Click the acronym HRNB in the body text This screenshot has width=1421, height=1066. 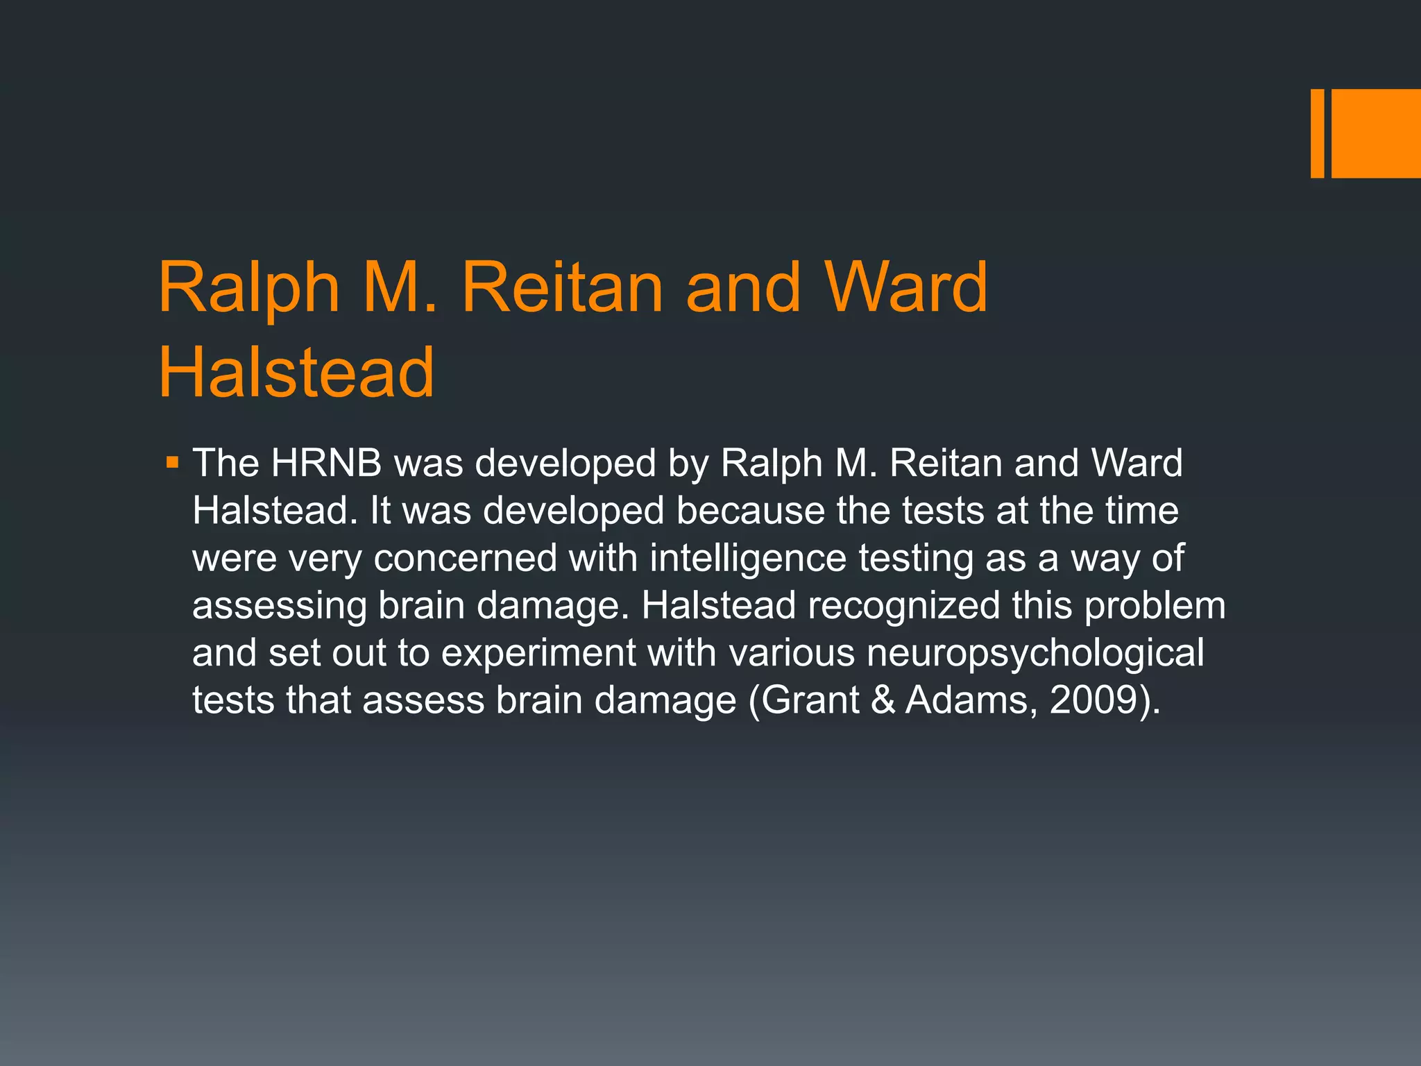pos(326,463)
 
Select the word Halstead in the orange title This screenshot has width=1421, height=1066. pos(296,373)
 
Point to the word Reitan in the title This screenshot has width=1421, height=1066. pos(563,287)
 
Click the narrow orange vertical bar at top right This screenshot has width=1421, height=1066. pos(1317,133)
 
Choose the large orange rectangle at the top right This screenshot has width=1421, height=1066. pos(1376,133)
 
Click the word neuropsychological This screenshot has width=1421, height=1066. pos(1035,653)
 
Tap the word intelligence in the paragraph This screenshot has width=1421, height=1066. pos(748,558)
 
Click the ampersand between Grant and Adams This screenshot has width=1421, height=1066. pos(883,700)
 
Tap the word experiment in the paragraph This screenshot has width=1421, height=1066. pos(538,653)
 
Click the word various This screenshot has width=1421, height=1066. pos(792,653)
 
